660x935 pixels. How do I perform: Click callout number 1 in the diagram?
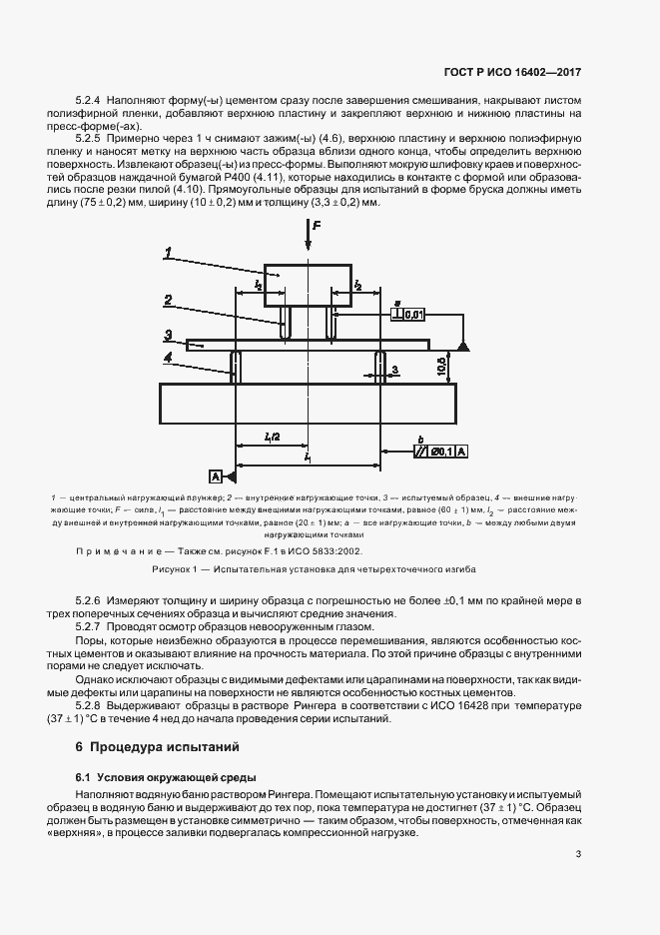170,251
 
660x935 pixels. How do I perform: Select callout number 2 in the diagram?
170,299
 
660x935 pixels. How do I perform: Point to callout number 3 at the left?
170,335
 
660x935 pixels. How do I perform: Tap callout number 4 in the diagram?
170,356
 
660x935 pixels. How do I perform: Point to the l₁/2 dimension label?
272,437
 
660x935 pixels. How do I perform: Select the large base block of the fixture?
309,403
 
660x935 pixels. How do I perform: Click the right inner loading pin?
331,322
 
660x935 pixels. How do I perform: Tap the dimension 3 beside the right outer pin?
395,370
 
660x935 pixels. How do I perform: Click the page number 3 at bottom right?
578,853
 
